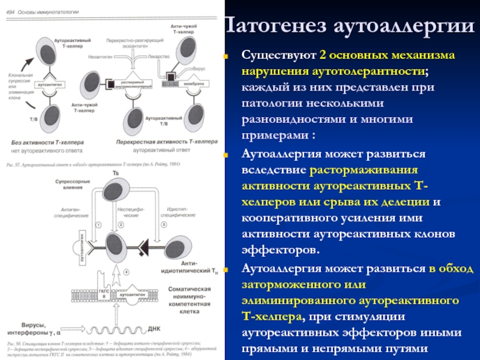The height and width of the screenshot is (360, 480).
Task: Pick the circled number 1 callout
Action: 97,224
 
